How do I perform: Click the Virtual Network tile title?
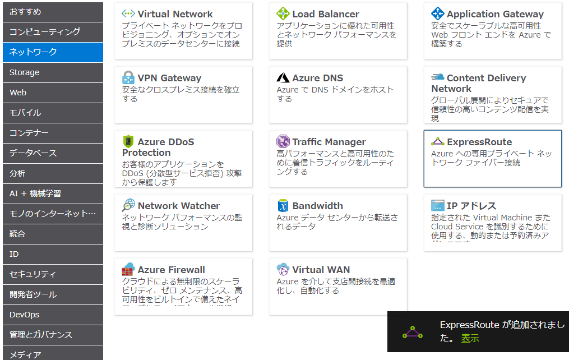pyautogui.click(x=175, y=14)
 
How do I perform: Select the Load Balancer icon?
pyautogui.click(x=283, y=14)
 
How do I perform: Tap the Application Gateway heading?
pyautogui.click(x=495, y=14)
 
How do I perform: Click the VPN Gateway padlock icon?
pyautogui.click(x=128, y=77)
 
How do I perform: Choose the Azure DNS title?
pyautogui.click(x=317, y=78)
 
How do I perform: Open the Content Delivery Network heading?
pyautogui.click(x=478, y=83)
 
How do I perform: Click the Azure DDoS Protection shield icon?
pyautogui.click(x=128, y=141)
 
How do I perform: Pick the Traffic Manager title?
pyautogui.click(x=329, y=142)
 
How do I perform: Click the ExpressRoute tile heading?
pyautogui.click(x=479, y=142)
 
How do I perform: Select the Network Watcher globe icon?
pyautogui.click(x=128, y=205)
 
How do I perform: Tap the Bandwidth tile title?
pyautogui.click(x=317, y=206)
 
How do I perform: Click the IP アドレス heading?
pyautogui.click(x=471, y=206)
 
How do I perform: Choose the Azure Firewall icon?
pyautogui.click(x=128, y=269)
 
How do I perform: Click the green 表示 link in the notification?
pyautogui.click(x=470, y=338)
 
